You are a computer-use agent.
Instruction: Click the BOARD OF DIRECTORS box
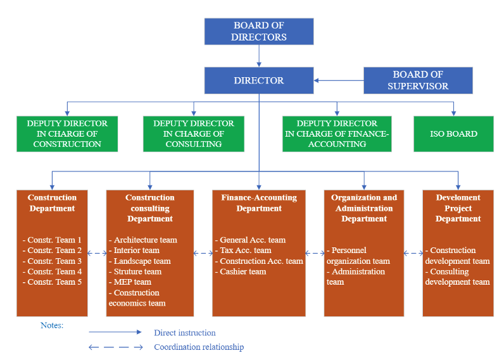[259, 31]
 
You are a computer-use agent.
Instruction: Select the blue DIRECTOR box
[259, 80]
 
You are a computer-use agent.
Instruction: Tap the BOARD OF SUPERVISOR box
[418, 80]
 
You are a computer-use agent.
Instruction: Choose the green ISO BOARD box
[453, 133]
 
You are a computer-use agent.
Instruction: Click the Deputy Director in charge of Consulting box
[194, 133]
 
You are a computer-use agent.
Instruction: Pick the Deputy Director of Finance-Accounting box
[337, 133]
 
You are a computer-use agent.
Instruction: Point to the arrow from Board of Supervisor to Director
[339, 80]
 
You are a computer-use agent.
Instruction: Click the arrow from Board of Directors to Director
[259, 56]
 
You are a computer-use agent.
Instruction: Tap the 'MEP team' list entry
[132, 282]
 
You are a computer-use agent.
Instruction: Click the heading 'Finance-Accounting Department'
[259, 203]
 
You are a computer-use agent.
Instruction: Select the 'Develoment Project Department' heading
[458, 208]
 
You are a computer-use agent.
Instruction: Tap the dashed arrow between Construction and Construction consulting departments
[97, 253]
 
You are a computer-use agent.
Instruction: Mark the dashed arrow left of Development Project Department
[413, 253]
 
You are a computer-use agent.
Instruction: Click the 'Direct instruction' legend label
[184, 333]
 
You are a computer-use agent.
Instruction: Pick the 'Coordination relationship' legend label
[199, 347]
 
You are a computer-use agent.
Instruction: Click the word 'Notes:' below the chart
[52, 325]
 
